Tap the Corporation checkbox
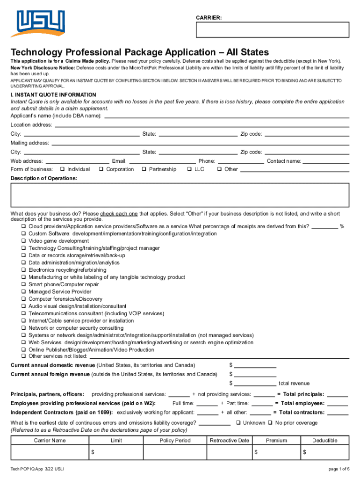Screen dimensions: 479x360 coord(101,169)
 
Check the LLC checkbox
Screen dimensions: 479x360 coord(190,169)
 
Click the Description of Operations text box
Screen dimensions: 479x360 coord(180,195)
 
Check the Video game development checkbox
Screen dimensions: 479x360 coord(23,241)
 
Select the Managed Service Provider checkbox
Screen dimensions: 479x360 coord(23,292)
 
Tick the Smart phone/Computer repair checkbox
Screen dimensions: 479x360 coord(23,284)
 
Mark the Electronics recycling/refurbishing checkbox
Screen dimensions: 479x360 coord(23,270)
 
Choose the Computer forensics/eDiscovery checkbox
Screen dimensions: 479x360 coord(23,299)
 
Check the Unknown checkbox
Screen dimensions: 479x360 coord(238,423)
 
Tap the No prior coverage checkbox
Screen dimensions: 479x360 coord(271,423)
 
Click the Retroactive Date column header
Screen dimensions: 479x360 coord(230,441)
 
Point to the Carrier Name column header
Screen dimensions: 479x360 coord(50,441)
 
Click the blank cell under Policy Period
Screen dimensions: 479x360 coord(175,452)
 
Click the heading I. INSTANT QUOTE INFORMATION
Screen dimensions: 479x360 coord(53,95)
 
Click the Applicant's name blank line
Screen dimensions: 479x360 coord(226,116)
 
